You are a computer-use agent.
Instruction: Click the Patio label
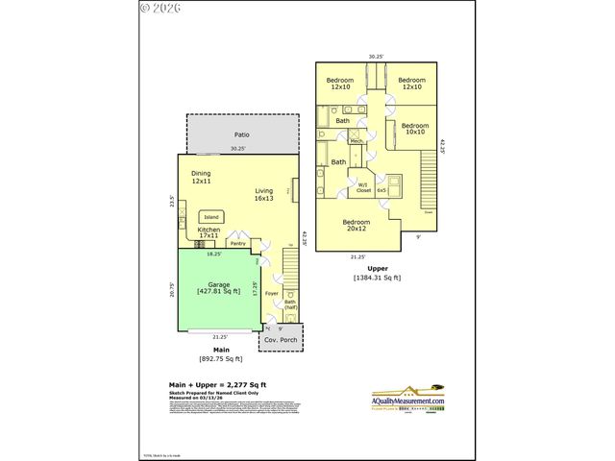click(x=241, y=135)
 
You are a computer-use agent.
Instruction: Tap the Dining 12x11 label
click(x=201, y=177)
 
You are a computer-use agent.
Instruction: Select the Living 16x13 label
click(x=264, y=195)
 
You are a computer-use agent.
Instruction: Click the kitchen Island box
click(x=211, y=217)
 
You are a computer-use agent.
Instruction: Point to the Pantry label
click(x=237, y=243)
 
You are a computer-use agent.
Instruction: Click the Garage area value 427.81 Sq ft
click(x=218, y=290)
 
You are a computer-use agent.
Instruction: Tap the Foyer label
click(x=271, y=293)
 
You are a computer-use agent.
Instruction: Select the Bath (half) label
click(x=289, y=305)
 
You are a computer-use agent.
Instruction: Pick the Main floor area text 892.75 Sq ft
click(x=221, y=359)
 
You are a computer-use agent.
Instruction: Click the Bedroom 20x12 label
click(x=356, y=225)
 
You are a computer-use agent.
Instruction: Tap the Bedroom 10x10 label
click(x=414, y=129)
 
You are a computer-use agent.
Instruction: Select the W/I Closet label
click(x=363, y=187)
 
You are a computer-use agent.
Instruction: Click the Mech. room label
click(x=357, y=141)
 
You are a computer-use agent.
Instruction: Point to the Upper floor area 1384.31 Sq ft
click(x=377, y=278)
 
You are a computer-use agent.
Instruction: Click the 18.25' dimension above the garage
click(x=216, y=255)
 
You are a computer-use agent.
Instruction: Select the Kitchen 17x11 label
click(x=209, y=233)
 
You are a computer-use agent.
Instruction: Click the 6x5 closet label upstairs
click(x=381, y=190)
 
